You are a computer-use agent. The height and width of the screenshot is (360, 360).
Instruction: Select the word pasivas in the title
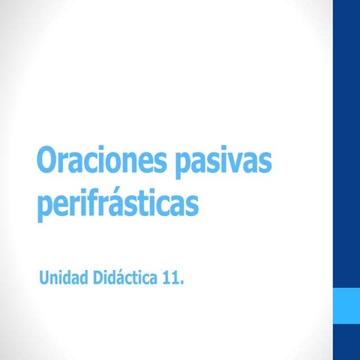[x=223, y=164]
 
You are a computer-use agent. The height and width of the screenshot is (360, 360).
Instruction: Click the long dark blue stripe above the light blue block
[x=346, y=142]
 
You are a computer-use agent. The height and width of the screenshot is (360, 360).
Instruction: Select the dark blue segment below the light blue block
[x=346, y=342]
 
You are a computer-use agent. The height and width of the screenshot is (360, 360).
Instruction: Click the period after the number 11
[x=181, y=283]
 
